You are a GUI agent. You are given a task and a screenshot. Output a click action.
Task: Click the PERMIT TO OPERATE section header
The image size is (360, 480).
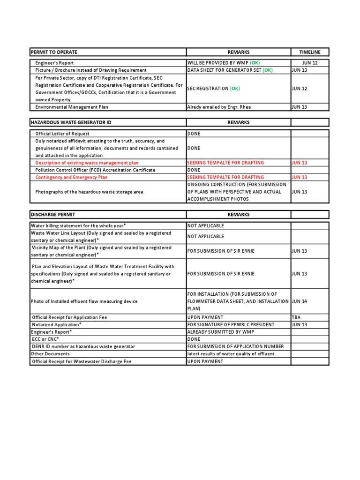(54, 52)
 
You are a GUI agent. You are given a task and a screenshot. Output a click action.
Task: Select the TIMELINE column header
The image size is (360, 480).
(310, 52)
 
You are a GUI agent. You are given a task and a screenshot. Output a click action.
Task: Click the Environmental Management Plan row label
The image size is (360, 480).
(72, 107)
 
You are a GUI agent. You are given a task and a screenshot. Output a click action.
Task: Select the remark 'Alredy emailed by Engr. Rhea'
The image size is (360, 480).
(219, 107)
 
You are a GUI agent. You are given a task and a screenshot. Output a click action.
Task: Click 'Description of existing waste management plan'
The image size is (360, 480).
(87, 163)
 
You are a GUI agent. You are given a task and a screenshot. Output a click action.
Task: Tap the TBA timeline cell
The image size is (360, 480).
(296, 317)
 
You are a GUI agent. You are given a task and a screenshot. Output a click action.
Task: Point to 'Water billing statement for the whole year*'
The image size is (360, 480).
(78, 225)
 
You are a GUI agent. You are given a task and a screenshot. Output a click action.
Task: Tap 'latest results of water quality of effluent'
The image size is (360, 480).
(231, 354)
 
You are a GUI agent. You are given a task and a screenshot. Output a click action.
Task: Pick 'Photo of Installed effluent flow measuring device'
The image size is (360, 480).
(84, 301)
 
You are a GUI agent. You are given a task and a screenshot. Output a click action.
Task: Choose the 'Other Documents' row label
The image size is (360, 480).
(50, 354)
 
